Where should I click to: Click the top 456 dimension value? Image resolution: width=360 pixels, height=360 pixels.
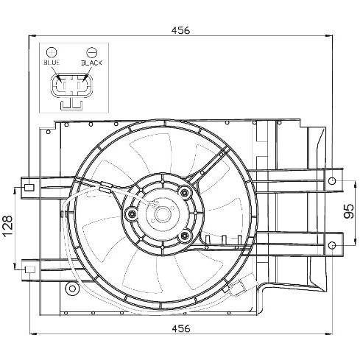pos(180,30)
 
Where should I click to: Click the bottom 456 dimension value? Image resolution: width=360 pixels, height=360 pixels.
pos(181,328)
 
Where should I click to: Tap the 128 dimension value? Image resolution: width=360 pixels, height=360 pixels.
pos(7,225)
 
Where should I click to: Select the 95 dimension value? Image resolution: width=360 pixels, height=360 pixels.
pos(348,211)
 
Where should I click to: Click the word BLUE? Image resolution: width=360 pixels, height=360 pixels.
pos(52,63)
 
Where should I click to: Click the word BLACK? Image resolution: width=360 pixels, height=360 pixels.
pos(91,63)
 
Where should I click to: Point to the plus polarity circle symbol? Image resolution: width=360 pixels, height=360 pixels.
pos(52,52)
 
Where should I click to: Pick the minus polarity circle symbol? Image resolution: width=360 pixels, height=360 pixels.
pos(92,52)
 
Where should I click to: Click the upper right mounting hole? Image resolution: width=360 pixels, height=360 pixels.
pos(332,181)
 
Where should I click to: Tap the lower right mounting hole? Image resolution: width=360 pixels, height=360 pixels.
pos(332,245)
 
